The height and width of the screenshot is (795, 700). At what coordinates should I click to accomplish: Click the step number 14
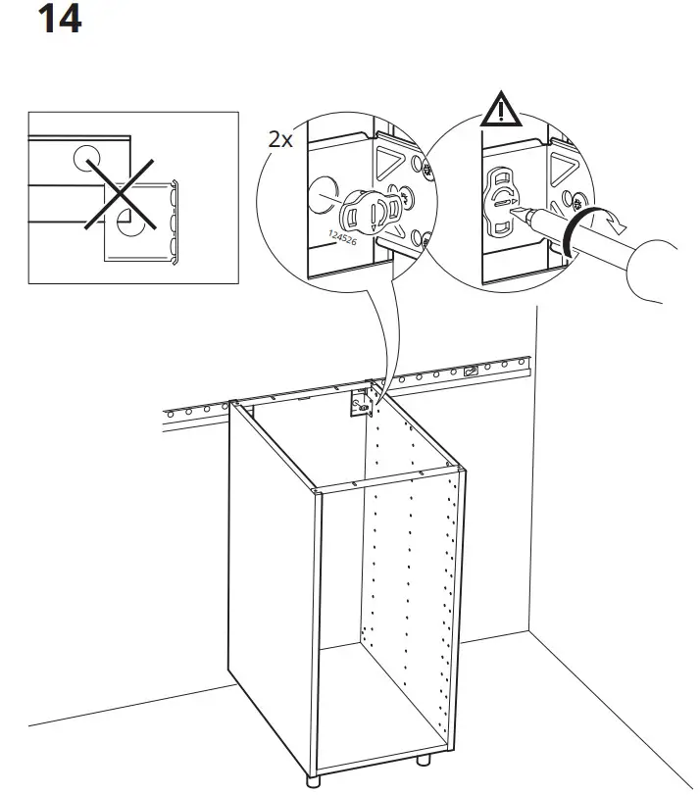point(59,19)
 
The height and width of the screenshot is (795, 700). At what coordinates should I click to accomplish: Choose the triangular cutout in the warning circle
point(563,163)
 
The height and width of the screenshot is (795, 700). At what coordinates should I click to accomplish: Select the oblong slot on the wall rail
point(472,372)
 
